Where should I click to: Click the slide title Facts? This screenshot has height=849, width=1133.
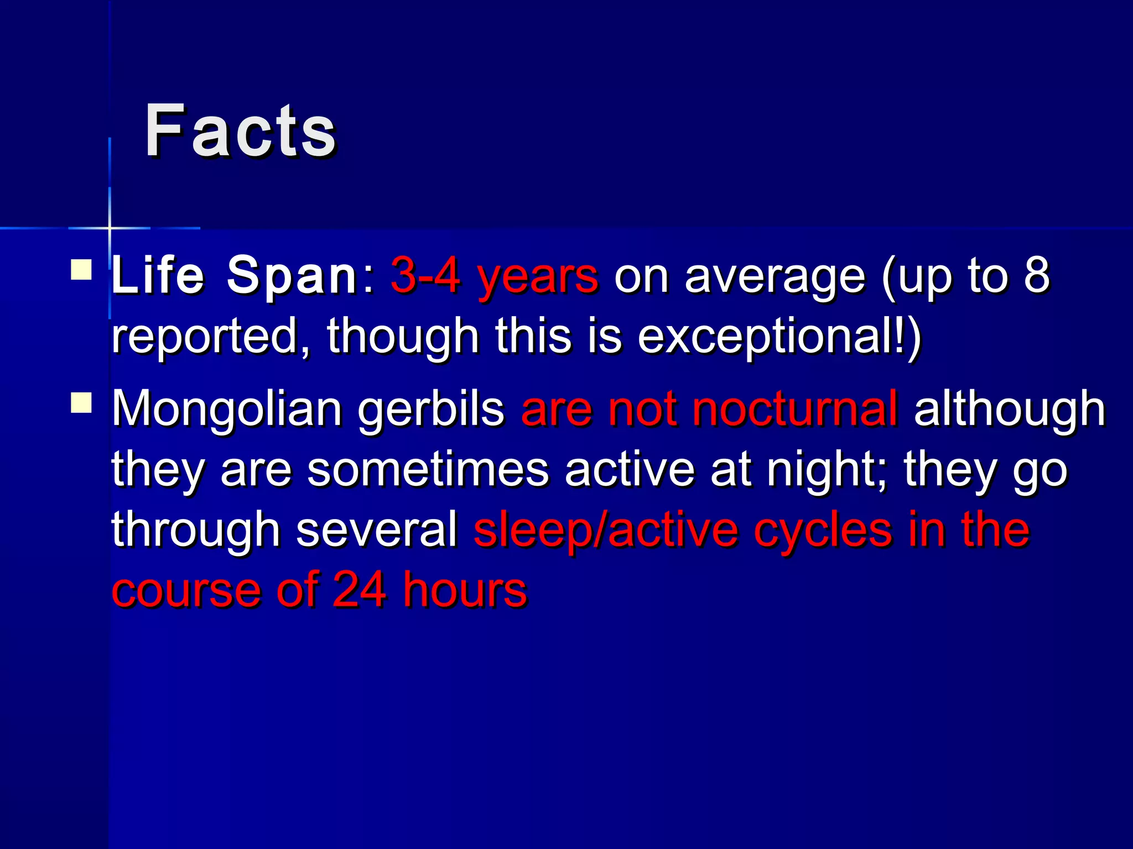(240, 132)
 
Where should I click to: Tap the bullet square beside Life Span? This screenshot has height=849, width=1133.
(81, 270)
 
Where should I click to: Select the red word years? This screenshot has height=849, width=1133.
(538, 276)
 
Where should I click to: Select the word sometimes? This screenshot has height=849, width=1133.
(428, 470)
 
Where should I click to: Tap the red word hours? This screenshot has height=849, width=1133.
(465, 590)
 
